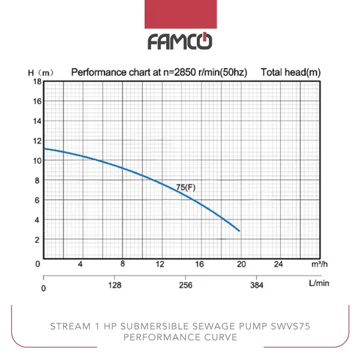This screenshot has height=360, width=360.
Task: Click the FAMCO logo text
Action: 180,41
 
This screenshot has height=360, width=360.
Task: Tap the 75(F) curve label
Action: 185,188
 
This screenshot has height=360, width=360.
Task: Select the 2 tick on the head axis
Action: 37,239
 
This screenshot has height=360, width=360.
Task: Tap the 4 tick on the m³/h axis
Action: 80,264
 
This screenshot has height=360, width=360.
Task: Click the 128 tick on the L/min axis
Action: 115,286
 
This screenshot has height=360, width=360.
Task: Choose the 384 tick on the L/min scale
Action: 256,286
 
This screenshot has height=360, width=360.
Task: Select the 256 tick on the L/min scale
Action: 186,286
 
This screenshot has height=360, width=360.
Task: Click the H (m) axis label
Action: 41,73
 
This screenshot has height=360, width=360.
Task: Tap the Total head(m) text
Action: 290,73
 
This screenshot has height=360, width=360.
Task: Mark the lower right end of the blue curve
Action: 239,230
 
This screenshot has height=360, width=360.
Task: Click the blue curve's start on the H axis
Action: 44,148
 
